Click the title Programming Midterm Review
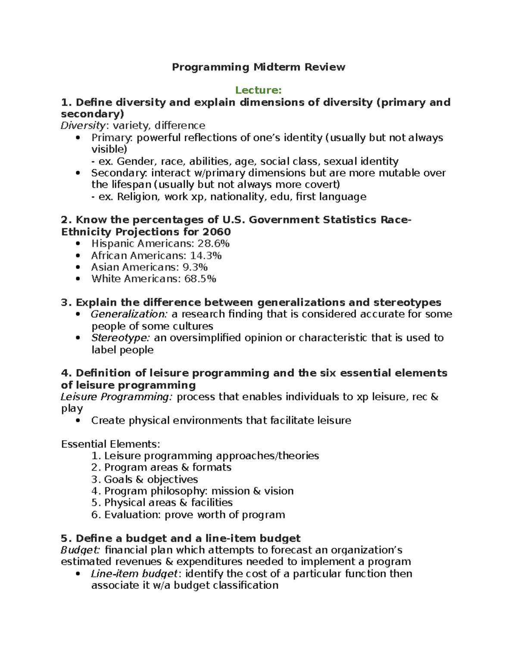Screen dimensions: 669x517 click(x=258, y=67)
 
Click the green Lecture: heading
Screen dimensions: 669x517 click(x=258, y=90)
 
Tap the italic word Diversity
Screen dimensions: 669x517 click(x=83, y=125)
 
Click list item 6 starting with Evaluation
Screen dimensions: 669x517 click(x=194, y=515)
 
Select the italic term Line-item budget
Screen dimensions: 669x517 click(x=134, y=574)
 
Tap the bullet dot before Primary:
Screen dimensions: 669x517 click(x=78, y=138)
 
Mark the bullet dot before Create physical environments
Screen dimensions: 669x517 click(x=78, y=420)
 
